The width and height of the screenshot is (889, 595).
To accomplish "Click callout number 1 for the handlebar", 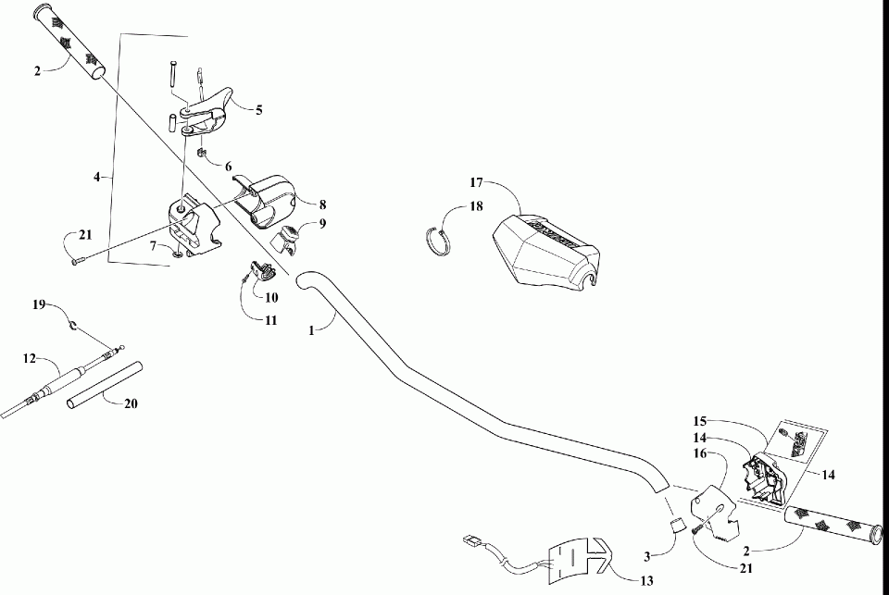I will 312,328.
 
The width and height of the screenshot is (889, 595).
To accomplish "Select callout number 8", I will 322,205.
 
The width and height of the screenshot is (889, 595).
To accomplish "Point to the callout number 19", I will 38,304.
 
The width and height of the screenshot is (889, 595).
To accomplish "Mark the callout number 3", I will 649,556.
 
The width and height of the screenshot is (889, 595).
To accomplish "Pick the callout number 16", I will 700,453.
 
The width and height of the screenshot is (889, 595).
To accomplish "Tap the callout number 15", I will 700,419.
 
